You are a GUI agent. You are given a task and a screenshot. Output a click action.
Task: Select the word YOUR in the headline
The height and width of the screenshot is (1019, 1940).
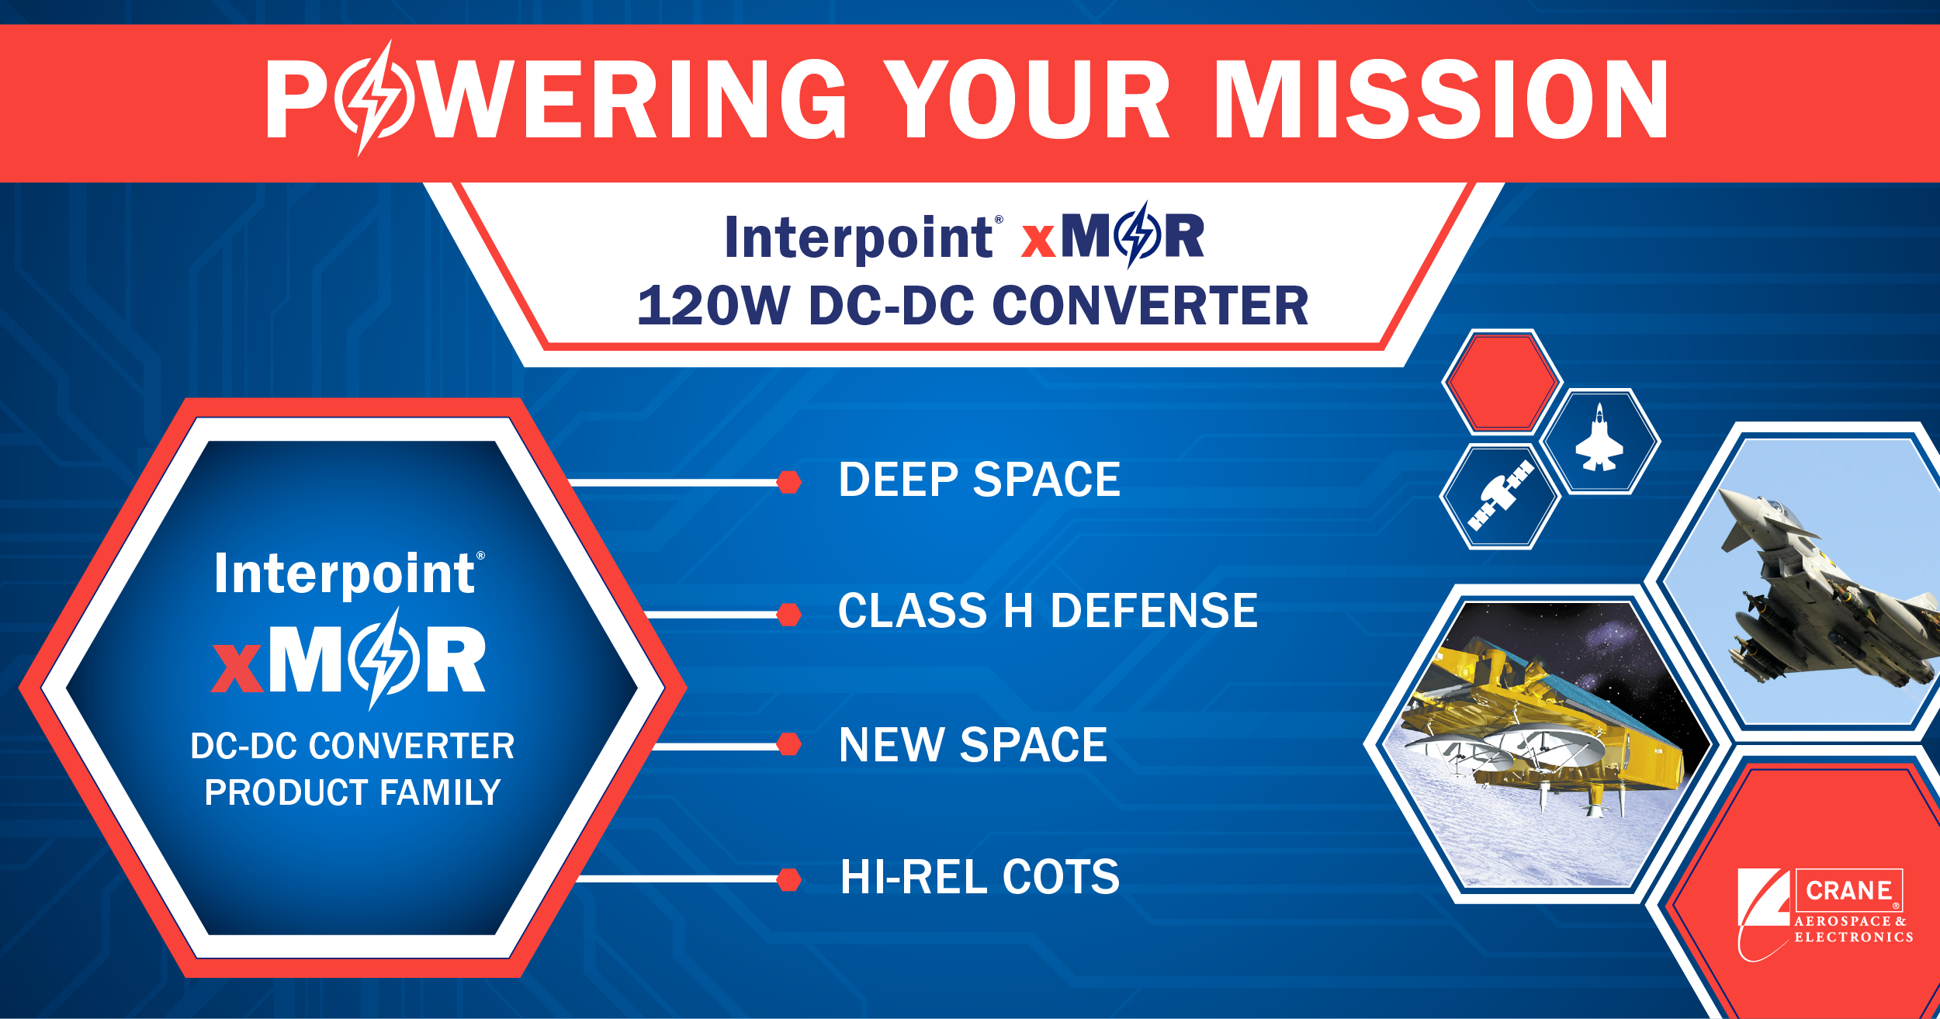tap(1027, 99)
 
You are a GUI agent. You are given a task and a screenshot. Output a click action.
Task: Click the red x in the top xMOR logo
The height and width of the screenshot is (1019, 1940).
tap(1038, 241)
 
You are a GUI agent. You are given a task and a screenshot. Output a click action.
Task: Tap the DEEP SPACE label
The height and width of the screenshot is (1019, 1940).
tap(979, 480)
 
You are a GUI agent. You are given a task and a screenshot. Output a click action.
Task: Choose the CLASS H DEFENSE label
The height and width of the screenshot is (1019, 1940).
tap(1048, 611)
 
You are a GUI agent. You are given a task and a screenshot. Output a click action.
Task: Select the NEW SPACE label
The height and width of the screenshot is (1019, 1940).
tap(973, 745)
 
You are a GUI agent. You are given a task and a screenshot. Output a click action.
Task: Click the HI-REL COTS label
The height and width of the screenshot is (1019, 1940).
tap(980, 877)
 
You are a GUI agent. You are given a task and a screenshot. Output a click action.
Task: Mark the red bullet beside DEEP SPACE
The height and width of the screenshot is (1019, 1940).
tap(789, 482)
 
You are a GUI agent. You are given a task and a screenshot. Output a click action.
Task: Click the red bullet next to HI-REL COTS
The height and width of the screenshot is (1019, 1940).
tap(789, 880)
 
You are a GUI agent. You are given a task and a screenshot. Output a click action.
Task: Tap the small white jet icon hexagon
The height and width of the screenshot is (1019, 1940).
tap(1599, 441)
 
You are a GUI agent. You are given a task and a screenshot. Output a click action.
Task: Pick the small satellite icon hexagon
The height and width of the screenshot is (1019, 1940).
tap(1500, 496)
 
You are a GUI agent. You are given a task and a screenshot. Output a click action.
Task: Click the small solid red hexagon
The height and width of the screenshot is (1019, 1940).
tap(1502, 381)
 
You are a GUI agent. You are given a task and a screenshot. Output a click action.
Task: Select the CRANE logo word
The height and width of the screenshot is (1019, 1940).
tap(1848, 890)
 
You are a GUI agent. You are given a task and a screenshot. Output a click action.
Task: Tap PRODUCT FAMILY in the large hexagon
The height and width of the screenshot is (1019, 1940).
tap(352, 792)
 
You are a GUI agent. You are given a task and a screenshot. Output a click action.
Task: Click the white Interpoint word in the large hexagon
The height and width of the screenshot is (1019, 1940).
tap(345, 575)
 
